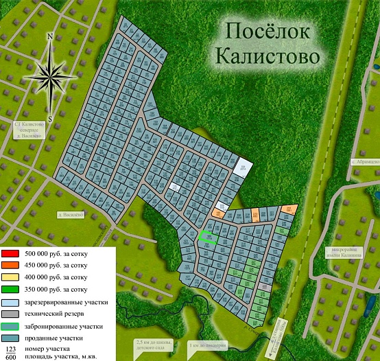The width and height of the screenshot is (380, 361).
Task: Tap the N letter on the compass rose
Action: point(51,36)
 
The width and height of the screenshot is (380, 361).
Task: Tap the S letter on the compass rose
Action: point(50,117)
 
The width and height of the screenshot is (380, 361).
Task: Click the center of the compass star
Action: point(51,75)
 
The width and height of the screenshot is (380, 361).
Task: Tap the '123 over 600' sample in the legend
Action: point(11,351)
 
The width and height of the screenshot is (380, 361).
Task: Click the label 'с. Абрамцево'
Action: point(364,161)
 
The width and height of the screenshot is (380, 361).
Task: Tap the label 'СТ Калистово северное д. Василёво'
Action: point(29,130)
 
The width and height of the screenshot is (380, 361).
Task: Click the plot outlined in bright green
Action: point(207,238)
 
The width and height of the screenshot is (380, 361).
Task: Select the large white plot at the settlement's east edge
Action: point(241,169)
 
